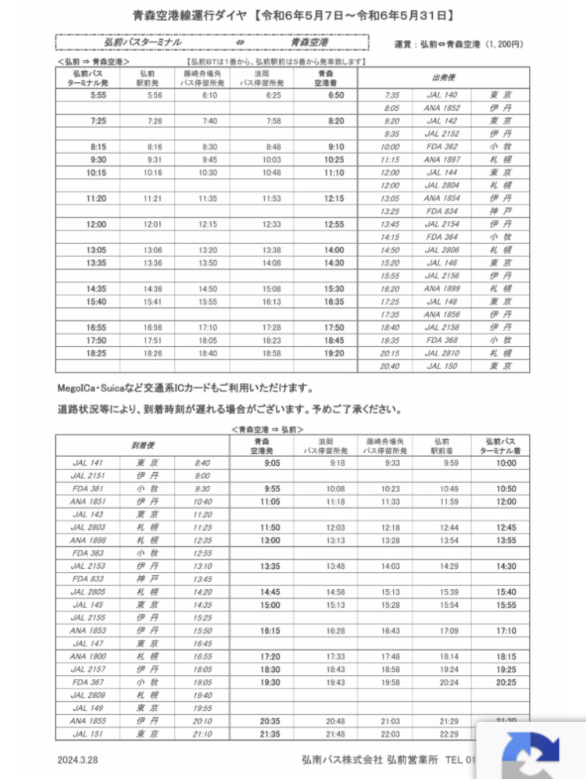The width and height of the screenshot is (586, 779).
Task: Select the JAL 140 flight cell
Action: tap(441, 95)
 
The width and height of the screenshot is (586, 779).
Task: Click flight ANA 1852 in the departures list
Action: tap(441, 108)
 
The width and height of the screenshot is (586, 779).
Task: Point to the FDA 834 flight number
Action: tap(441, 211)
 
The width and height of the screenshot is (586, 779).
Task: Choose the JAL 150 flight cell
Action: tap(441, 366)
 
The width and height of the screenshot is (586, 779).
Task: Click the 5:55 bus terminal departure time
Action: tap(98, 95)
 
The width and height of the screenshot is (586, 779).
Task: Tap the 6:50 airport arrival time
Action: tap(336, 95)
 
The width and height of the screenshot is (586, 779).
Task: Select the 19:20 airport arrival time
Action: tap(336, 353)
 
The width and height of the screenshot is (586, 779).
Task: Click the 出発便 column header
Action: tap(443, 78)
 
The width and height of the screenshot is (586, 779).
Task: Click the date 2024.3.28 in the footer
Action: tap(78, 759)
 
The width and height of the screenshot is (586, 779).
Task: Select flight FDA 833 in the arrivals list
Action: tap(88, 579)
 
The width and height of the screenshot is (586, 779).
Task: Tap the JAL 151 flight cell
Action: tap(88, 734)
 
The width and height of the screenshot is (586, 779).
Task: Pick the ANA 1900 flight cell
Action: tap(88, 656)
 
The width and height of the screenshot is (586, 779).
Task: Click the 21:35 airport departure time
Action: tap(270, 734)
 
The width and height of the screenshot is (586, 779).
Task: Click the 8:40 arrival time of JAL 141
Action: tap(202, 463)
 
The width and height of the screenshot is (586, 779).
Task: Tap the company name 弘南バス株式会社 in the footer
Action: tap(342, 759)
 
